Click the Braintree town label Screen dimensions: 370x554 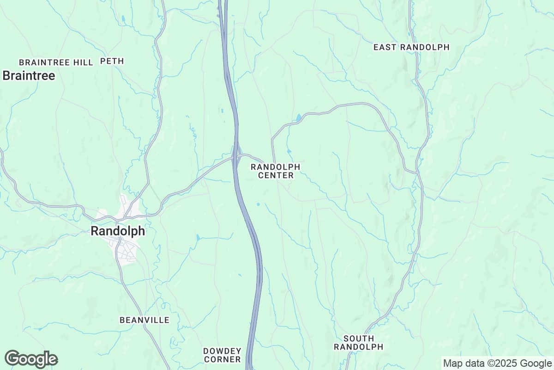pyautogui.click(x=29, y=75)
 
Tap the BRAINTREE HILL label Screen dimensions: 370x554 pyautogui.click(x=56, y=62)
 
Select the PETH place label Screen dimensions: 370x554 pyautogui.click(x=112, y=61)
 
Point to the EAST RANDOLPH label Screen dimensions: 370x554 pyautogui.click(x=411, y=47)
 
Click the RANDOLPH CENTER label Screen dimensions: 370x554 pyautogui.click(x=276, y=171)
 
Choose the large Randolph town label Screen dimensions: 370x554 pyautogui.click(x=118, y=231)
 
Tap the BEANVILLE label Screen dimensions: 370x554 pyautogui.click(x=144, y=320)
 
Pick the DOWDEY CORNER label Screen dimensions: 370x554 pyautogui.click(x=222, y=355)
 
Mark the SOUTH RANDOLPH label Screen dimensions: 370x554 pyautogui.click(x=359, y=343)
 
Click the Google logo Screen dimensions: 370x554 pyautogui.click(x=31, y=359)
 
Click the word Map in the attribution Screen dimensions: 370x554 pyautogui.click(x=452, y=363)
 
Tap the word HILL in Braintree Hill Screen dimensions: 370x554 pyautogui.click(x=83, y=62)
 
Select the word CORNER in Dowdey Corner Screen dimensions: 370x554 pyautogui.click(x=222, y=359)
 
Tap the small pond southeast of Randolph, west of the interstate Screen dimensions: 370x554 pyautogui.click(x=198, y=237)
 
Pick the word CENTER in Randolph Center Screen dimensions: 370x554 pyautogui.click(x=276, y=175)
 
